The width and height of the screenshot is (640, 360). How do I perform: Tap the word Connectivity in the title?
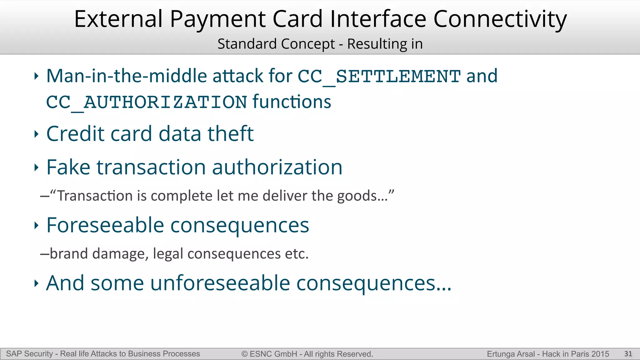coord(500,19)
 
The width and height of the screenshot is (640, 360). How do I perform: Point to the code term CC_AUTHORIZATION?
coord(147,102)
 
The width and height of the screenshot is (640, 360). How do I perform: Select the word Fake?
coord(68,167)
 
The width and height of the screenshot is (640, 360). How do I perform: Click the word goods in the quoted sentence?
coord(357,196)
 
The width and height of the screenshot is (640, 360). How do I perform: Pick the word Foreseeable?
coord(105,225)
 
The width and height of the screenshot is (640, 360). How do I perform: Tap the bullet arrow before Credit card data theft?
coord(36,134)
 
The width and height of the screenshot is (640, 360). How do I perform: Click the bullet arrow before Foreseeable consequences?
coord(36,225)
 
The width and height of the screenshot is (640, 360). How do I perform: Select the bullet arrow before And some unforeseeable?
coord(36,283)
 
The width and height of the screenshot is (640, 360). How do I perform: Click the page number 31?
coord(628,354)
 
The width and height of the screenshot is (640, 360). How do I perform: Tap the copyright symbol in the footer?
coord(244,354)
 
